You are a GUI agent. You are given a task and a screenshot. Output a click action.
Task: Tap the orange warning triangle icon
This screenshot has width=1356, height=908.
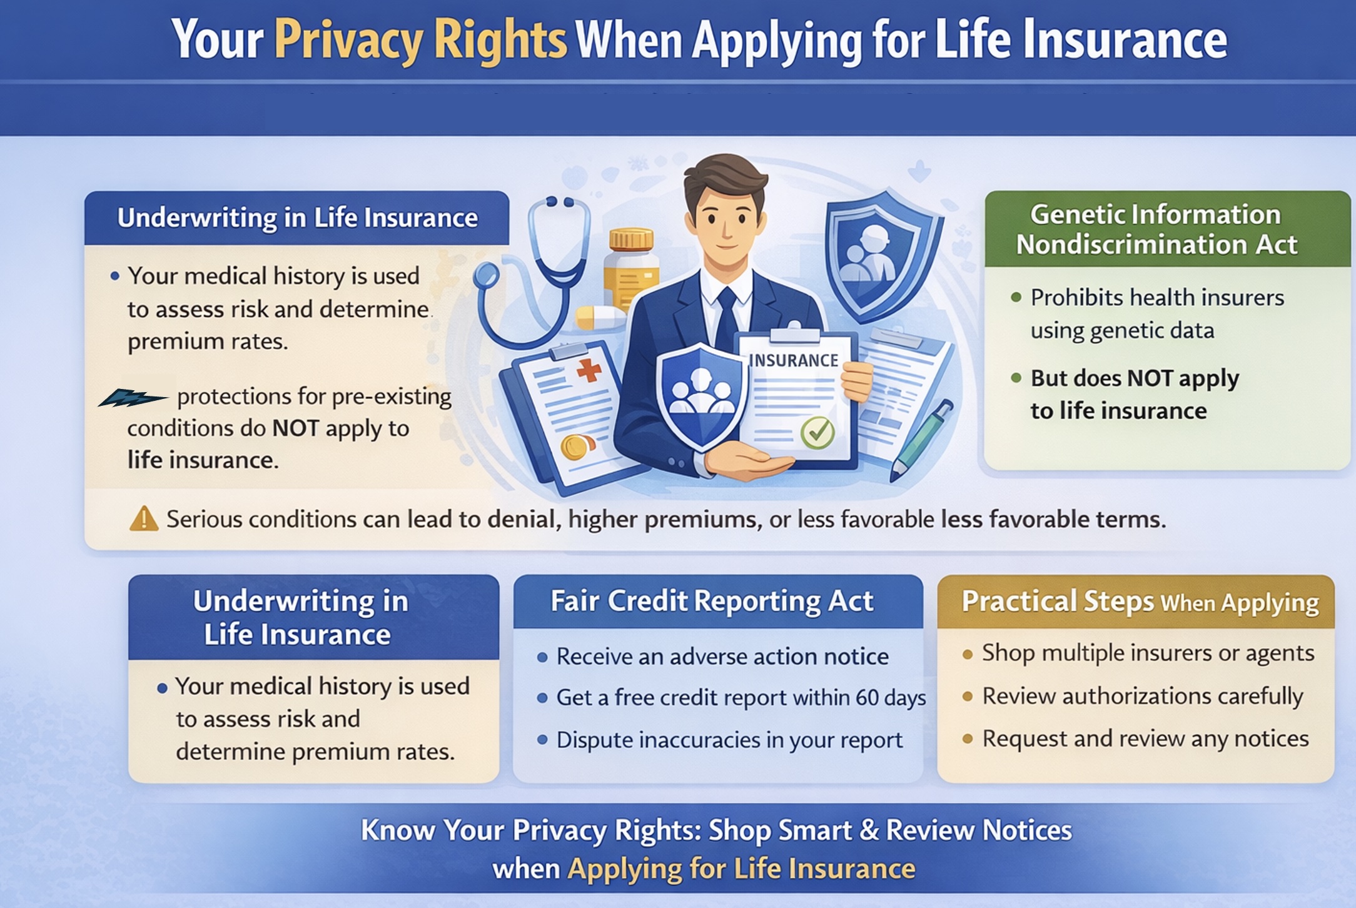[144, 518]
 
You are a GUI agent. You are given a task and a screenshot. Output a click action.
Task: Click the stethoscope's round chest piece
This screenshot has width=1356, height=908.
[486, 275]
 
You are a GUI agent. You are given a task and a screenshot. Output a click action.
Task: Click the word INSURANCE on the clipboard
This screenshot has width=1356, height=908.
[793, 360]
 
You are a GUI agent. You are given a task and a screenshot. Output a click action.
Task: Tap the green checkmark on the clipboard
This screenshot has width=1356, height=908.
[817, 432]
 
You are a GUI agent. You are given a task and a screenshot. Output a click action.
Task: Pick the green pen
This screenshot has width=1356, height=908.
[919, 441]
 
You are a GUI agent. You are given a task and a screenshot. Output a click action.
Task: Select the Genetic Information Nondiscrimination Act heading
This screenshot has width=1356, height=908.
[1156, 229]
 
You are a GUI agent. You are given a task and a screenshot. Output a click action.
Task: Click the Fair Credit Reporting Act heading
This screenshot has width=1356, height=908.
[712, 601]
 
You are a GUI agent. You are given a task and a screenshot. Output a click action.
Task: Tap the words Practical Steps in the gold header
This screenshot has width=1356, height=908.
[1057, 601]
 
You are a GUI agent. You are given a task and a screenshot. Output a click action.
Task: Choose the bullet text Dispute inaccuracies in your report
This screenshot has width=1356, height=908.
[729, 740]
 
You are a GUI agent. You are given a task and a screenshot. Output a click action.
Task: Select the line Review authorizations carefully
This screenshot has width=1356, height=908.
[1143, 696]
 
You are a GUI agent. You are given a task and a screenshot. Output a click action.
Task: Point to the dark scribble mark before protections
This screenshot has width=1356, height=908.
[133, 397]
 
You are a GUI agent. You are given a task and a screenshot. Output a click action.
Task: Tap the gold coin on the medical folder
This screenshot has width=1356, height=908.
[577, 447]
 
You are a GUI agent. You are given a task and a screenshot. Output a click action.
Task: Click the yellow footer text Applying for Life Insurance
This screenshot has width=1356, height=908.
[741, 869]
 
